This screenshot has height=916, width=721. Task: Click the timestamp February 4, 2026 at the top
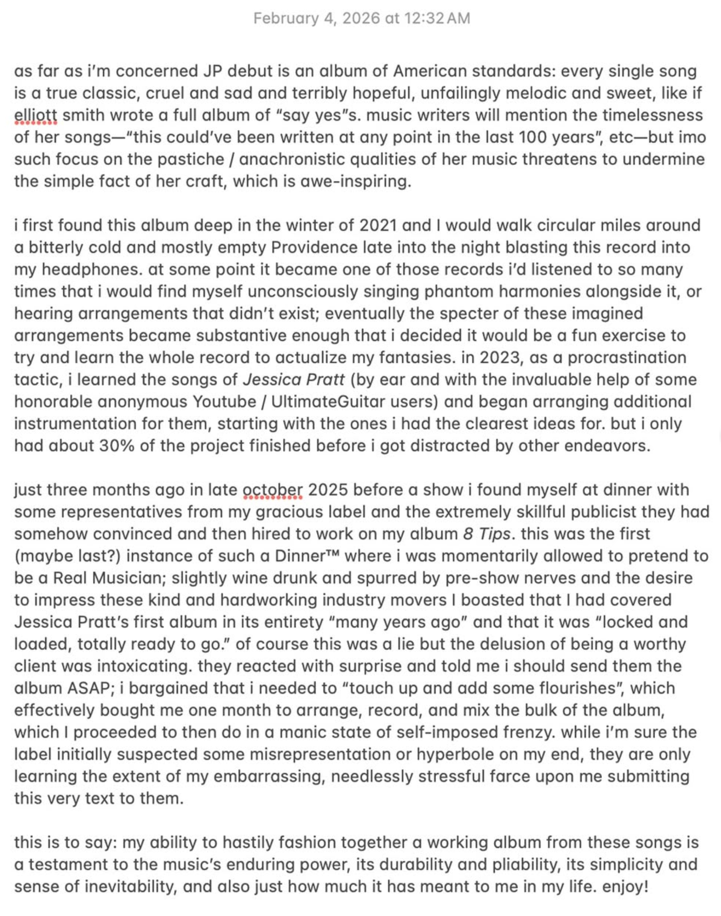(x=361, y=18)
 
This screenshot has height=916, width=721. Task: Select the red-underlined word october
(x=273, y=490)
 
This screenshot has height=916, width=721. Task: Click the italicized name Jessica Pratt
(x=293, y=380)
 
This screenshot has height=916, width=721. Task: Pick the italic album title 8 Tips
(x=486, y=534)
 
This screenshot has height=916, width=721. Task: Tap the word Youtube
(x=224, y=402)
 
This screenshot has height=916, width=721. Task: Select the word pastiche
(x=195, y=159)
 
